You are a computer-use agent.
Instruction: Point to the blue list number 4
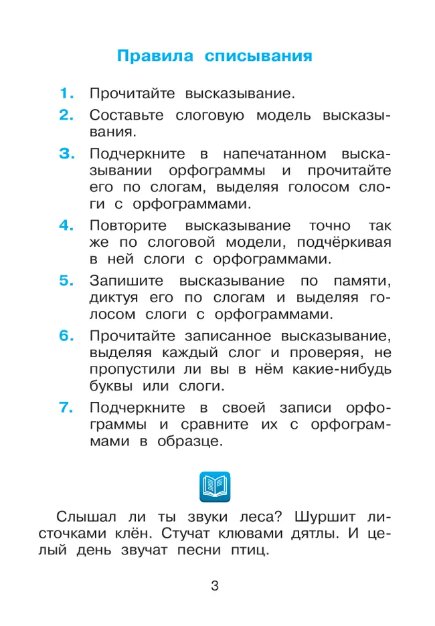[x=66, y=225]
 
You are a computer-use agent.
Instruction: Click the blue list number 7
[x=66, y=407]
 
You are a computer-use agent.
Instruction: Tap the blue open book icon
[x=215, y=486]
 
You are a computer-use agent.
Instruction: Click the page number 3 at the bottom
[x=215, y=587]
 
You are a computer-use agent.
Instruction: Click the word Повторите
[x=126, y=225]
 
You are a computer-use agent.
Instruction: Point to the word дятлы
[x=314, y=534]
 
